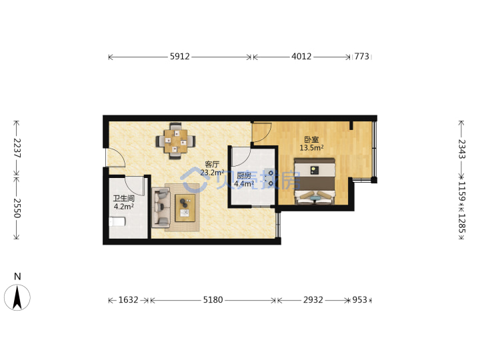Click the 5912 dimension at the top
[x=180, y=57]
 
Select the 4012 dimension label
[x=301, y=57]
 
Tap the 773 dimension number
[x=362, y=57]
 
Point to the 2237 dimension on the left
[x=17, y=148]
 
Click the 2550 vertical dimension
[x=17, y=208]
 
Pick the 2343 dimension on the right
[x=461, y=149]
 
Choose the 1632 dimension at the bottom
[x=128, y=300]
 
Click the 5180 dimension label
[x=213, y=300]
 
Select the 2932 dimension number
[x=313, y=300]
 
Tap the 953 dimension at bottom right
[x=360, y=300]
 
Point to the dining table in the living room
[x=175, y=141]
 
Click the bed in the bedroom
[x=315, y=181]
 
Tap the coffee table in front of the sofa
[x=185, y=208]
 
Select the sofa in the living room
[x=161, y=207]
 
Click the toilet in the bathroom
[x=117, y=221]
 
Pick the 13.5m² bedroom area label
[x=311, y=148]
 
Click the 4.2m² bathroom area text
[x=124, y=207]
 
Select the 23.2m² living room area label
[x=212, y=173]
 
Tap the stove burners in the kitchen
[x=271, y=178]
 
